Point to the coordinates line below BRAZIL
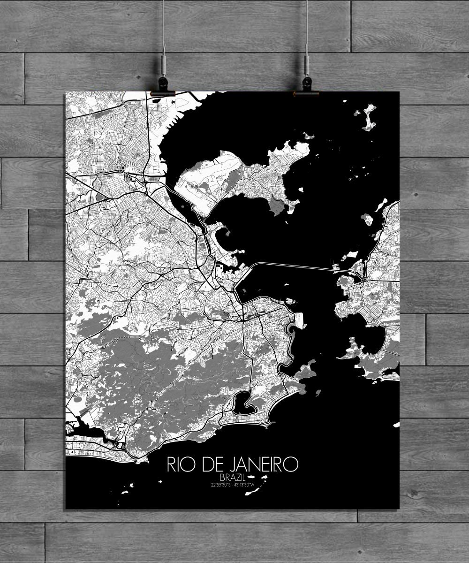(232, 485)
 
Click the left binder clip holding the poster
(163, 93)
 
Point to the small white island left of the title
(126, 492)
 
